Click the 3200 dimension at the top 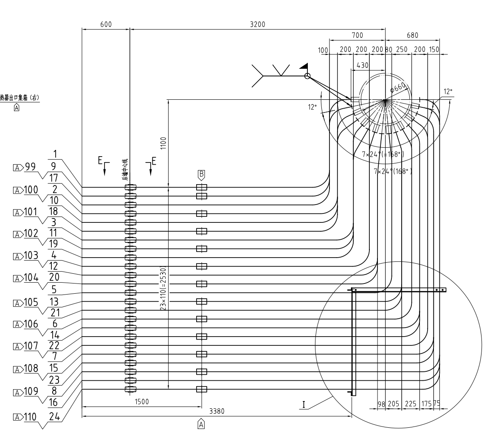(x=257, y=24)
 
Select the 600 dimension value (x=106, y=24)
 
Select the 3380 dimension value (x=217, y=411)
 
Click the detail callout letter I (x=304, y=404)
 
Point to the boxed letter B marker (x=201, y=174)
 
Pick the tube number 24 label (x=54, y=416)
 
